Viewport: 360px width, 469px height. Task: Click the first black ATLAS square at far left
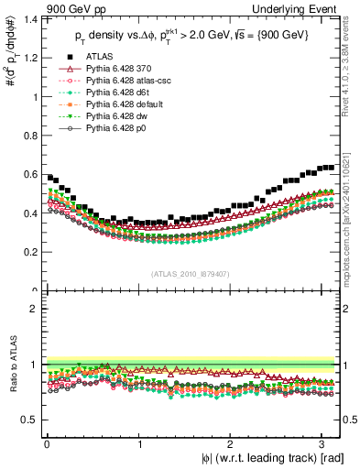(x=49, y=176)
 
